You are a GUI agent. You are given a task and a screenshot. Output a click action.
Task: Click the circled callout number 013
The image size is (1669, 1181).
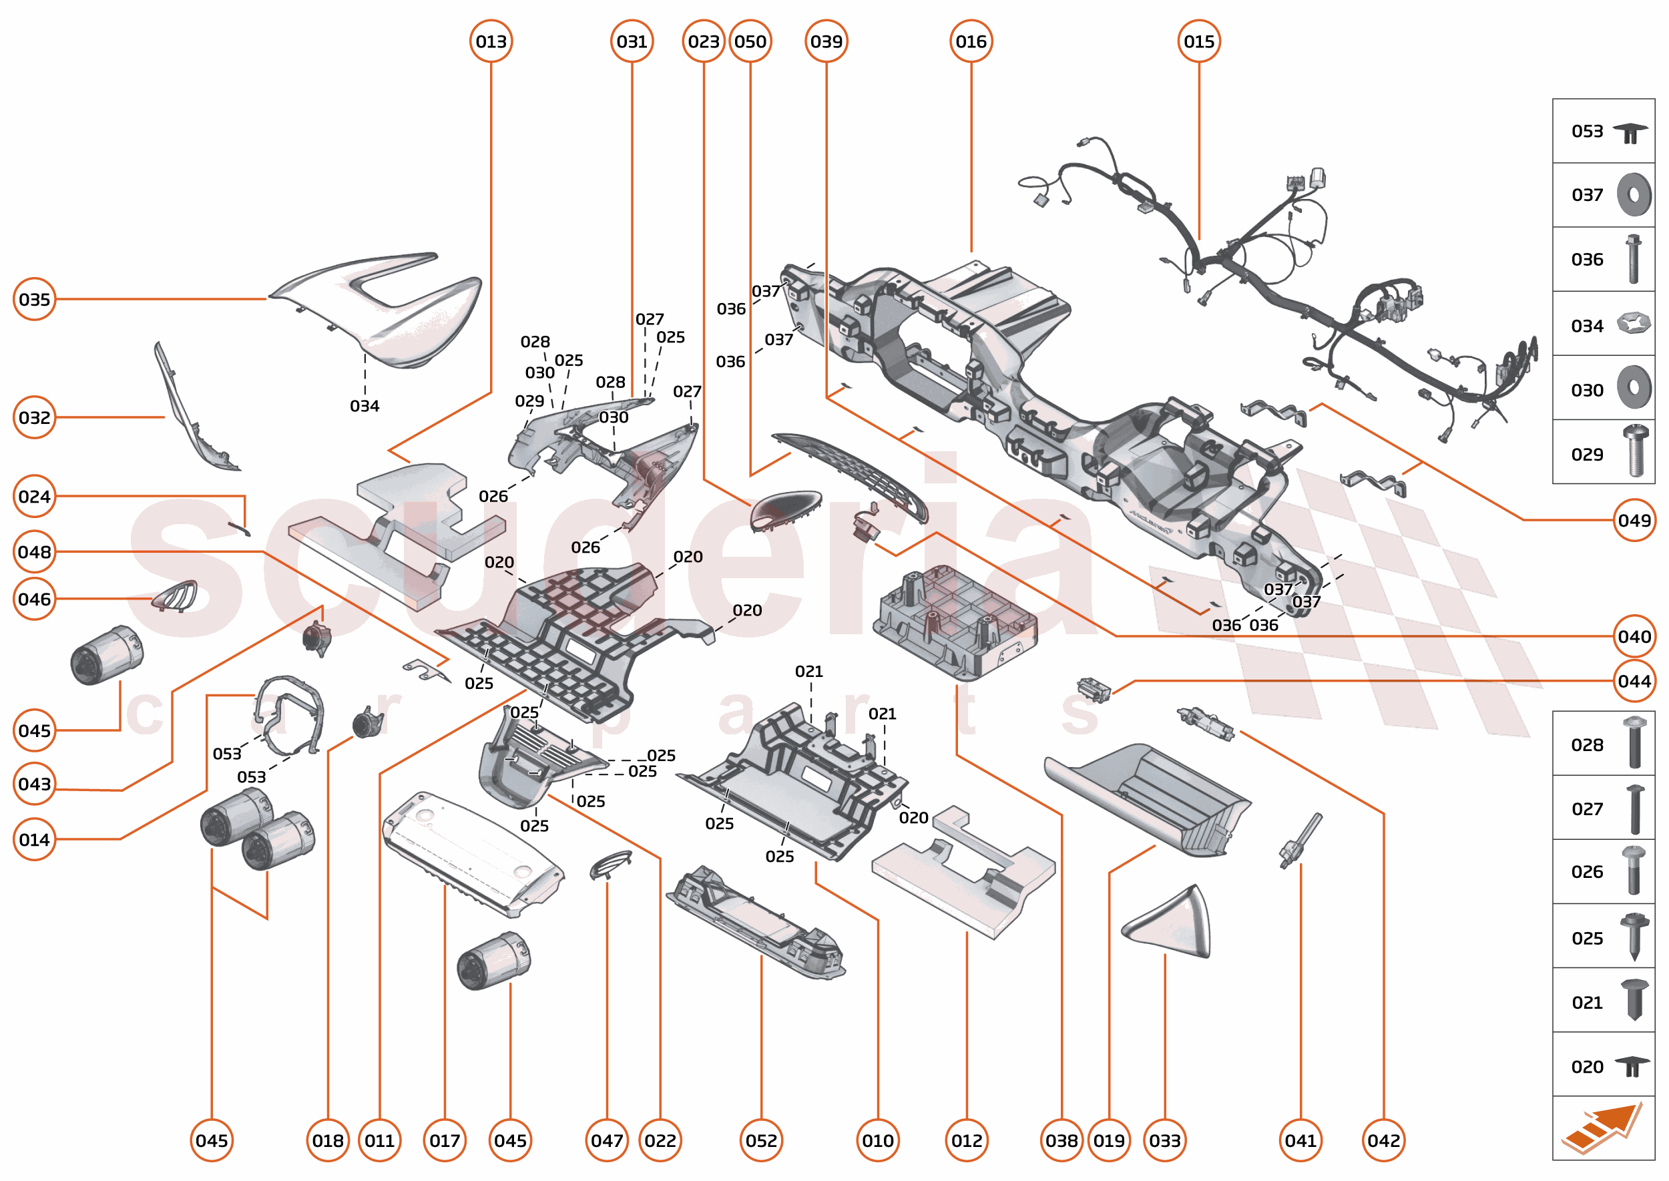(x=491, y=41)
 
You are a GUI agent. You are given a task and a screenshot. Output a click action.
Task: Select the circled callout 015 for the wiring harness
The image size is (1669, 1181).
(x=1198, y=41)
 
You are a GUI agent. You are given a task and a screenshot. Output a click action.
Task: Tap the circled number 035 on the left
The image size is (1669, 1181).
(x=34, y=299)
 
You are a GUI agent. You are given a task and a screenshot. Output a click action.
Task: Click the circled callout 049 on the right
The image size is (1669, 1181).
(x=1634, y=520)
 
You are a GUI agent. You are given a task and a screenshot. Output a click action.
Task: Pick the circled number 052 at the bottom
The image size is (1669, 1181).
(x=760, y=1140)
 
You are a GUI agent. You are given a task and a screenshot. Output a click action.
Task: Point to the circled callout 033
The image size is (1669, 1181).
(x=1164, y=1140)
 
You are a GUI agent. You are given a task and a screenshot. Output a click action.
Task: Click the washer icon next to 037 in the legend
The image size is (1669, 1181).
(x=1634, y=195)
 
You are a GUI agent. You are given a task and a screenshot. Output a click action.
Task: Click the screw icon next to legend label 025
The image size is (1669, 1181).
(x=1634, y=937)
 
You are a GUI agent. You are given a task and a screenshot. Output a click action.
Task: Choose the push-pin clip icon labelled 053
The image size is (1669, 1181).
(x=1630, y=132)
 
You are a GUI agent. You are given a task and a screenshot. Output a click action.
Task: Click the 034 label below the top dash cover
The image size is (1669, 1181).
(x=365, y=406)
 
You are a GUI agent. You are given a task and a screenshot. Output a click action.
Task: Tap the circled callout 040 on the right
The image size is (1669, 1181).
(x=1634, y=636)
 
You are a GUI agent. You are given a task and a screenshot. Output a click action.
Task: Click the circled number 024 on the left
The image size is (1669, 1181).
(x=34, y=496)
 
